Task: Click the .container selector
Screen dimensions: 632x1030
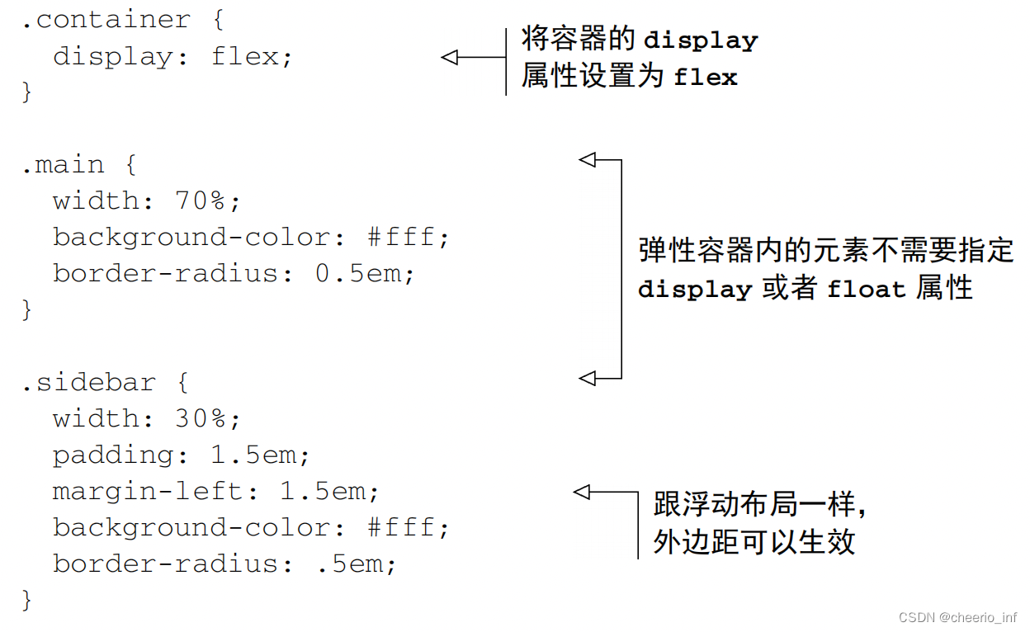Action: coord(106,20)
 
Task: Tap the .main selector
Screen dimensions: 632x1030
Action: coord(63,164)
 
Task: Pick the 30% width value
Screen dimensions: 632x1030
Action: coord(201,418)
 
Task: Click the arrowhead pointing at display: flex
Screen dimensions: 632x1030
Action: coord(449,57)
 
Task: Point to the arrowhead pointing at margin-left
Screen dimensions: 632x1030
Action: coord(582,493)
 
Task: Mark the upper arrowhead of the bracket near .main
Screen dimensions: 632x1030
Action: coord(587,160)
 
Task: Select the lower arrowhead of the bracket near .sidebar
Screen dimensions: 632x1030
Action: coord(587,378)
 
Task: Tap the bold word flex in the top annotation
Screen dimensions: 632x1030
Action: coord(705,78)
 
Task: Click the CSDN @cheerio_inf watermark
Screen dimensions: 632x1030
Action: coord(957,617)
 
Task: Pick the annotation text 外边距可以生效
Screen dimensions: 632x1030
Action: coord(754,543)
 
